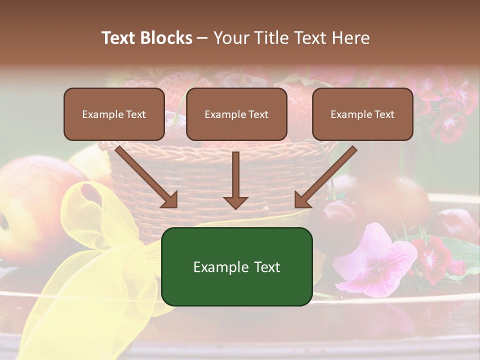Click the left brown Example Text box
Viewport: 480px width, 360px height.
114,114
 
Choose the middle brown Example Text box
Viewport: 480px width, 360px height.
236,114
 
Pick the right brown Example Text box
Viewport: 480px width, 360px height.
362,114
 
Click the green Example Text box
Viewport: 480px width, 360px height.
236,266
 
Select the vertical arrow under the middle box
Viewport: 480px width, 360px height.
235,180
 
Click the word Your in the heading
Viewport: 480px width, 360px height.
231,38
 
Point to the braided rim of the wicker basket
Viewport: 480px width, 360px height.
210,150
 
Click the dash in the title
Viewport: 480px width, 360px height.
202,38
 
